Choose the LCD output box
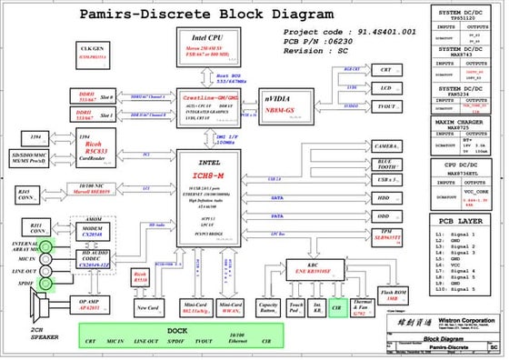tap(385, 89)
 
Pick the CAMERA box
tap(385, 145)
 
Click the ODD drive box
tap(385, 216)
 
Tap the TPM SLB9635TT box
tap(385, 235)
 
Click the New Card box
tap(146, 308)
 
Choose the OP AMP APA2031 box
tap(88, 304)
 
